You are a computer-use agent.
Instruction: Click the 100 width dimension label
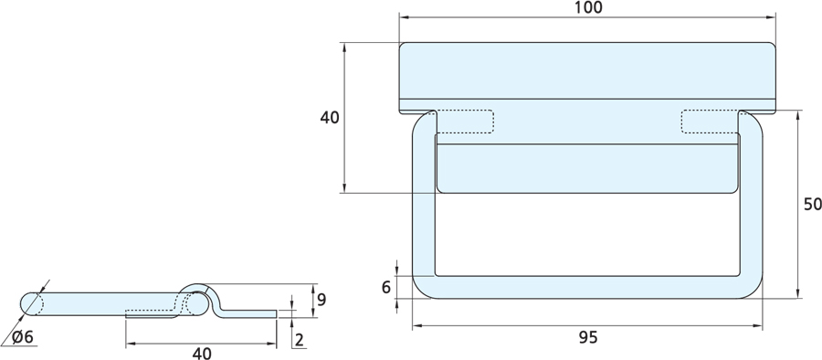tap(587, 7)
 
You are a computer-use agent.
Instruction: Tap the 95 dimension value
tap(588, 337)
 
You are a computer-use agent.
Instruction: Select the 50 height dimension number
tap(813, 204)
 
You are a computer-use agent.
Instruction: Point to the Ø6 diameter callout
tap(23, 337)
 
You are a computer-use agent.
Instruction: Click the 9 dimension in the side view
tap(321, 299)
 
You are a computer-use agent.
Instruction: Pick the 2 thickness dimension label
tap(300, 340)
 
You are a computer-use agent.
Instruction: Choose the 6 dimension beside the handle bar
tap(386, 287)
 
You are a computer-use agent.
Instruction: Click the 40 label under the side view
tap(202, 354)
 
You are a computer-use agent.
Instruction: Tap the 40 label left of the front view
tap(330, 118)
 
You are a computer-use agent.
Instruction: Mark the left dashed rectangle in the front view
tap(465, 122)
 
